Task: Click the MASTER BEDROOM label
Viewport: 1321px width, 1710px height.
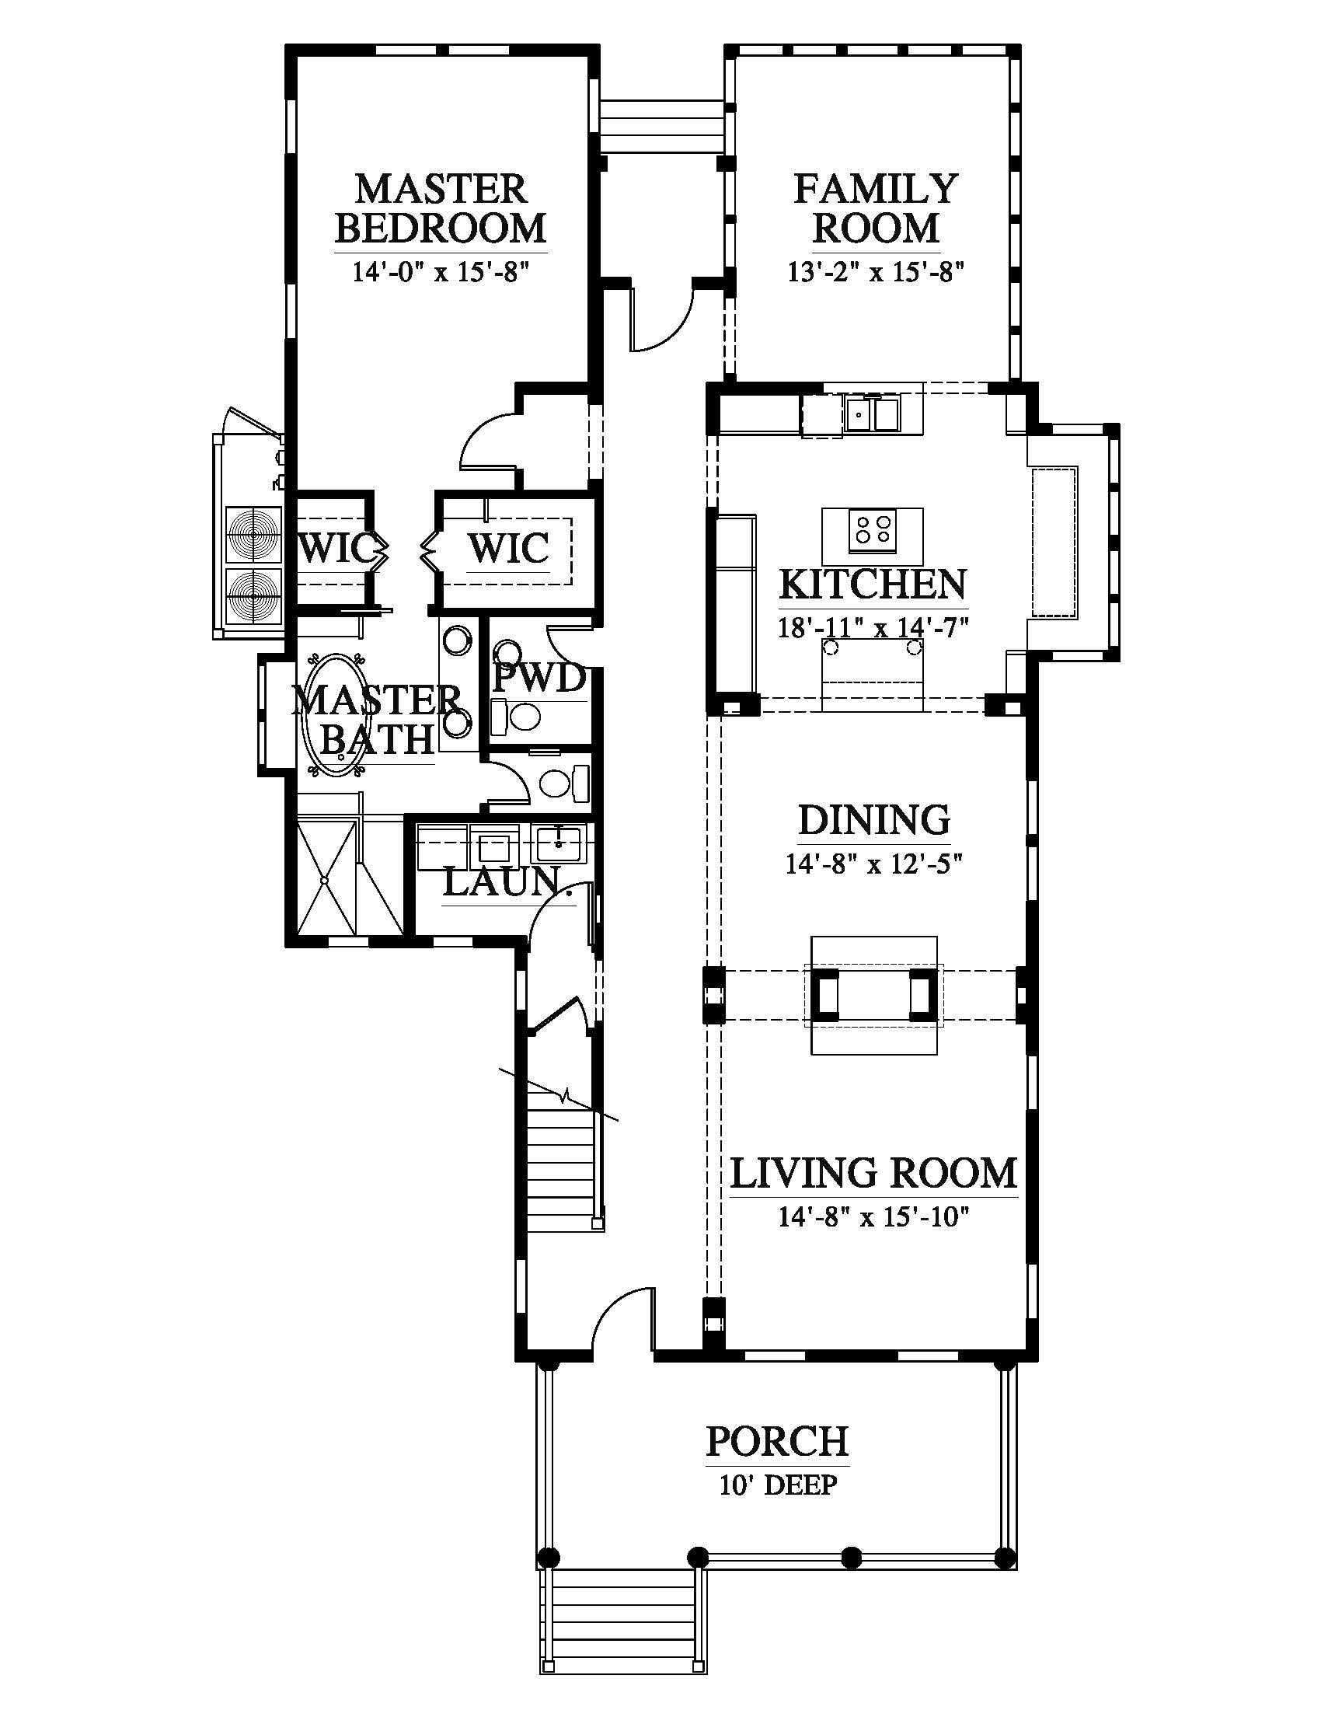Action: [441, 208]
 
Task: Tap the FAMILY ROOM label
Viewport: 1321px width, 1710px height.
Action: [876, 208]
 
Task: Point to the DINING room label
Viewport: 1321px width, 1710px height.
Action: [874, 820]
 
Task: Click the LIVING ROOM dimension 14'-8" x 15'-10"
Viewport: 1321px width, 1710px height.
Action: [874, 1216]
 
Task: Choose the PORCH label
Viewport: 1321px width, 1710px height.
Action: [777, 1441]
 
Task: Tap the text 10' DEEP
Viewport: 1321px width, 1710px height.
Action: [778, 1485]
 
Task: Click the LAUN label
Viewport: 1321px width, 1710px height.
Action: [502, 882]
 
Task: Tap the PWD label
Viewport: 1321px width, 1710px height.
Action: [539, 678]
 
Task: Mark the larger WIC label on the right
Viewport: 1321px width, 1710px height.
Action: [509, 549]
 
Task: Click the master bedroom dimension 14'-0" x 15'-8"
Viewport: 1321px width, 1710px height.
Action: [441, 272]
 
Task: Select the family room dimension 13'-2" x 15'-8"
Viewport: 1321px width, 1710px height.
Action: [875, 272]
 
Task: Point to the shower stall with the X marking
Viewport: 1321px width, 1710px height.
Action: [328, 876]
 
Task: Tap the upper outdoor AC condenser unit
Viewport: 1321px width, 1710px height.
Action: [253, 536]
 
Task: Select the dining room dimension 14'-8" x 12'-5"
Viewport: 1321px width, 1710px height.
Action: [873, 864]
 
